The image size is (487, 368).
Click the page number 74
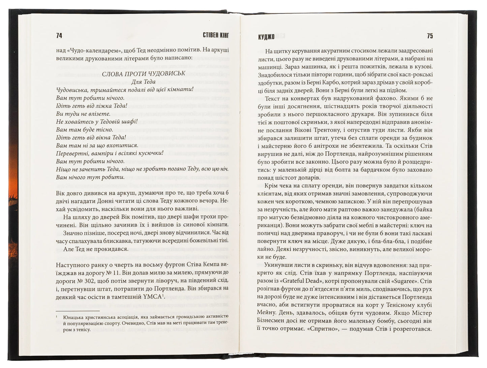tap(59, 36)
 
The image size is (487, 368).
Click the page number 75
tap(430, 36)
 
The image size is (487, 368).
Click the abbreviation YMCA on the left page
tap(153, 297)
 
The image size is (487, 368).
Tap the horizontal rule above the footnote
tap(78, 311)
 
